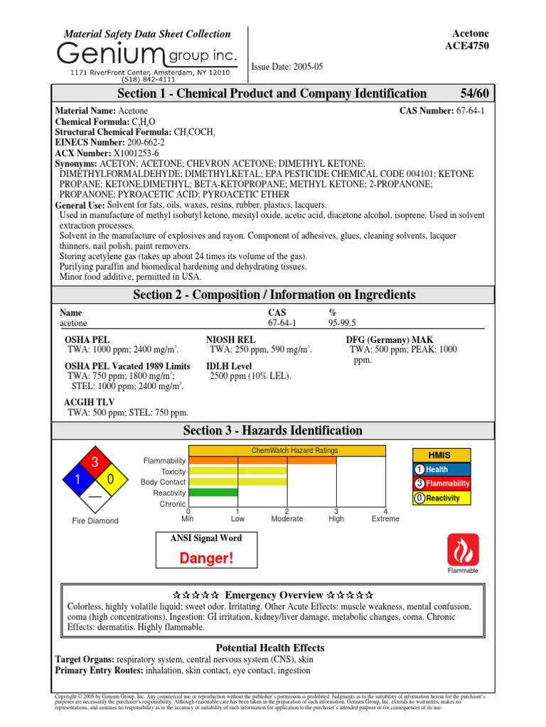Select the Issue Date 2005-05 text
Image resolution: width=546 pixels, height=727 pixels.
click(x=287, y=66)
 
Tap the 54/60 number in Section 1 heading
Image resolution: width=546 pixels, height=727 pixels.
click(x=474, y=94)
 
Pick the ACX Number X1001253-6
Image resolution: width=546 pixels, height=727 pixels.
click(x=133, y=153)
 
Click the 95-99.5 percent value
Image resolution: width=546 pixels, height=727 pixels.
click(x=342, y=322)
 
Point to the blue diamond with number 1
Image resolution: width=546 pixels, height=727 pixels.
click(x=76, y=481)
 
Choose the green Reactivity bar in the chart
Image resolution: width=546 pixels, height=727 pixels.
click(x=213, y=492)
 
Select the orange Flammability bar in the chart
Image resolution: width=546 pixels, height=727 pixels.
click(x=262, y=460)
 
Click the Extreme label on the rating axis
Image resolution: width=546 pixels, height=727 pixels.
click(x=385, y=519)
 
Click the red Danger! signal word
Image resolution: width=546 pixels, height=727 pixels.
click(x=206, y=559)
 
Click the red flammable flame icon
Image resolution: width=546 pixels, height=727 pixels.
click(x=463, y=550)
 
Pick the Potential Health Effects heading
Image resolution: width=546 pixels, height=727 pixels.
click(x=270, y=647)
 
